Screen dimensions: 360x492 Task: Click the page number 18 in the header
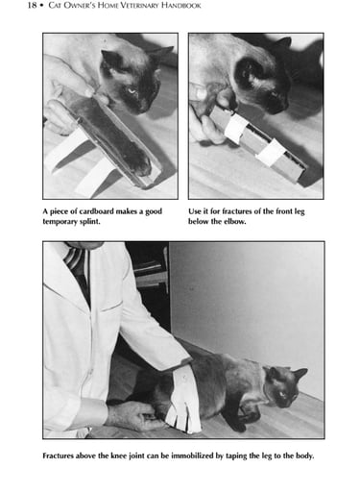pos(32,5)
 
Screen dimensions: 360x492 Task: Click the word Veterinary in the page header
pos(135,6)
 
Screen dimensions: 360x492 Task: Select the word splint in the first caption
pos(89,221)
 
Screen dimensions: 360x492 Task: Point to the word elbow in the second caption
pos(235,221)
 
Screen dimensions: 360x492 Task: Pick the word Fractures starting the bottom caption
pos(58,455)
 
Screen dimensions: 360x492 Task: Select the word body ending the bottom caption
pos(304,455)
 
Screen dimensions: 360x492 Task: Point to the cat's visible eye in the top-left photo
pos(132,91)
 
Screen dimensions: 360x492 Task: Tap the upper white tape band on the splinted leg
pos(235,128)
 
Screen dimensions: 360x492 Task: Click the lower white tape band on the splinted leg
pos(272,153)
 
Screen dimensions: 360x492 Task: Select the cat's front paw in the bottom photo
pos(237,426)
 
